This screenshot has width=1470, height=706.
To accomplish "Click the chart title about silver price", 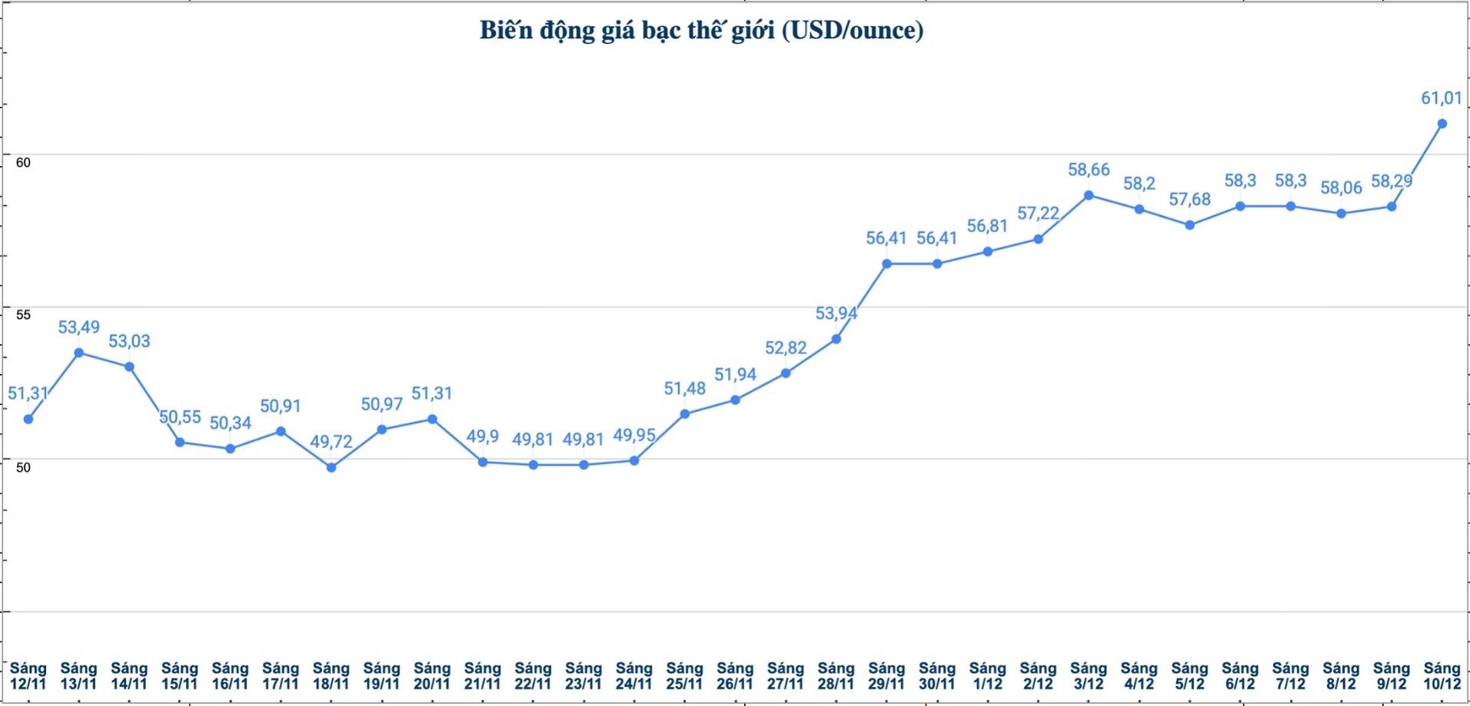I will tap(701, 31).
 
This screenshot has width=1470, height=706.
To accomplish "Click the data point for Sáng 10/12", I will tap(1442, 124).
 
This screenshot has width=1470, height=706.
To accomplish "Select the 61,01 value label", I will tap(1441, 98).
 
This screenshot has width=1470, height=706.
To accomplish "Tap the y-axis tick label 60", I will tap(23, 163).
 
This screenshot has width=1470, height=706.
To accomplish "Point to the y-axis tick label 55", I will tap(23, 315).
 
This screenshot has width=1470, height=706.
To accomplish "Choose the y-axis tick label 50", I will tap(23, 468).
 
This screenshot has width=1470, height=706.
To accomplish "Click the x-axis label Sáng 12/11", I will tap(28, 676).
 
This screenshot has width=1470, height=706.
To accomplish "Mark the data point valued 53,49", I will tap(78, 353).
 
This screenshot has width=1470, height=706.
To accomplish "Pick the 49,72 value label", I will tap(331, 442).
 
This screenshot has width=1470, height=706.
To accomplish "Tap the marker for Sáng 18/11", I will tap(331, 467).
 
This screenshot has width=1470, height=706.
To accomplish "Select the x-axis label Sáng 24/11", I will tap(634, 676).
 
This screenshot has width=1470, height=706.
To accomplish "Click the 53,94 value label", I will tap(836, 313).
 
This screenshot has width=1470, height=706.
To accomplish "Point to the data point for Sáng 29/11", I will tap(886, 264).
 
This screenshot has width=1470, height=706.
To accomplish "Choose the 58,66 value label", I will tap(1089, 170).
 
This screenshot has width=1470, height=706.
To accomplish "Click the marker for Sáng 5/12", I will tap(1189, 225).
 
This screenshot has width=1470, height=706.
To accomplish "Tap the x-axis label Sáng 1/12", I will tap(987, 676).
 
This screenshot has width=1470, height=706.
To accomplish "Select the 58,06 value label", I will tap(1341, 187).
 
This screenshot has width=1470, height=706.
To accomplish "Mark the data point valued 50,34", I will tap(230, 449).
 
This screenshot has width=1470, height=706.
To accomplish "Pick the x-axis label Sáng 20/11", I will tap(432, 676).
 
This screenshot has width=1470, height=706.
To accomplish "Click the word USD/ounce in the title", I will tap(853, 31).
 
